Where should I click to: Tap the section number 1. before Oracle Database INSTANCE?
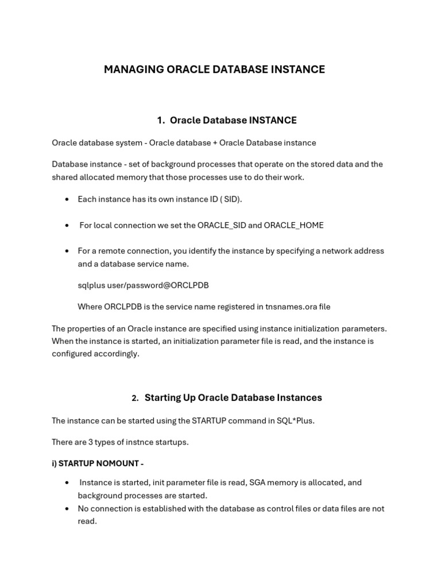coord(161,120)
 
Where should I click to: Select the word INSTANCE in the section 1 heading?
coord(273,120)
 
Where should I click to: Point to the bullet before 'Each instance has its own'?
coord(67,199)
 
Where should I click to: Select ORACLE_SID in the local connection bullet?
coord(222,225)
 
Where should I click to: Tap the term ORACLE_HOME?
coord(293,225)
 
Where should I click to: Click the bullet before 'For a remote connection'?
coord(67,251)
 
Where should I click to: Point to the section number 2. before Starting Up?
coord(135,398)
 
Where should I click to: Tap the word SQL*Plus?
coord(296,421)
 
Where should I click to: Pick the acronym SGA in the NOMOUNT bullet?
coord(258,482)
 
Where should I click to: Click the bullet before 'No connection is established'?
coord(67,509)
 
